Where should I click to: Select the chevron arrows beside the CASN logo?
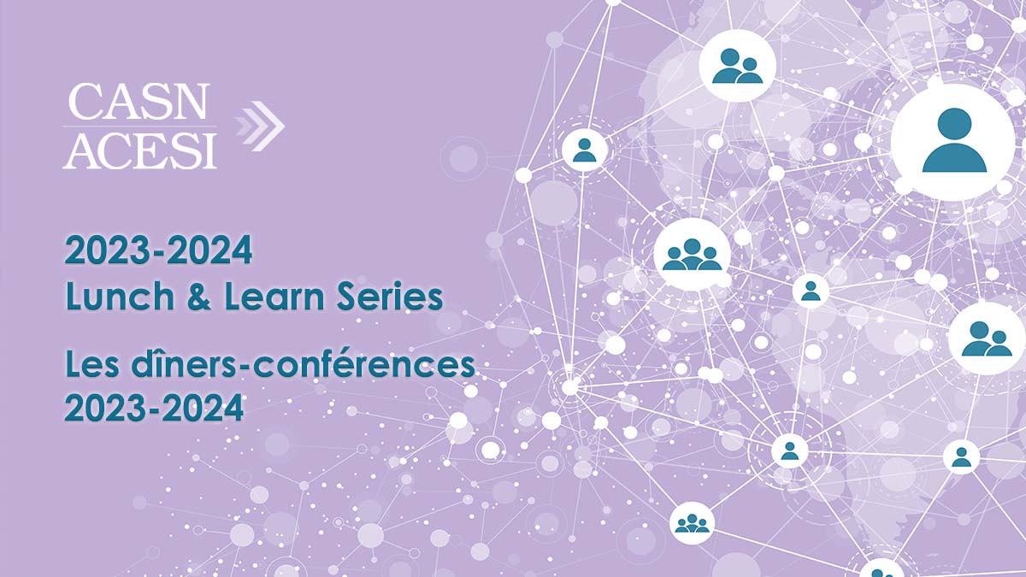coord(259,126)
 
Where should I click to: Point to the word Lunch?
coord(120,296)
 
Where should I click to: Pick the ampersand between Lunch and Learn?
coord(199,297)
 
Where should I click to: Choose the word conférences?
coord(356,366)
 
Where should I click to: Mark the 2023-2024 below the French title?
coord(154,408)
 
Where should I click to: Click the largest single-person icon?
coord(953,141)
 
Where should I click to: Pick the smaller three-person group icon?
coord(692,523)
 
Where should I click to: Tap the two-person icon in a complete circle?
coord(737,66)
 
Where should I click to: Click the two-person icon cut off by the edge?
coord(988,339)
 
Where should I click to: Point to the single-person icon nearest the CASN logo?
coord(585,150)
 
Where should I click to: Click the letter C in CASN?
coord(84,102)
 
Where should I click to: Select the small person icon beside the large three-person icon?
coord(811,291)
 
